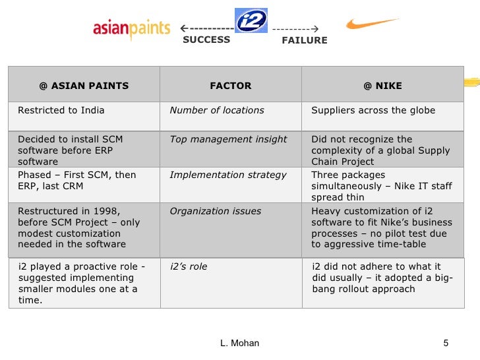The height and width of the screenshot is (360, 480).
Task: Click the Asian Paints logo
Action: [132, 29]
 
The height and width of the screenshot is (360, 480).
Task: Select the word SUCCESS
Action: [206, 40]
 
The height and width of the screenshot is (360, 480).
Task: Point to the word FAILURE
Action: [304, 40]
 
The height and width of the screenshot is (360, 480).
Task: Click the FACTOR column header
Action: [230, 86]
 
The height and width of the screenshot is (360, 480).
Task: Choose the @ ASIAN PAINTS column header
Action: [84, 86]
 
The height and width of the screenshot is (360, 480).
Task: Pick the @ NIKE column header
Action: [382, 86]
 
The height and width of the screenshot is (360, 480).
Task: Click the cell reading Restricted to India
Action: [61, 110]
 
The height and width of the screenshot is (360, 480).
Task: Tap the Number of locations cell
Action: [217, 110]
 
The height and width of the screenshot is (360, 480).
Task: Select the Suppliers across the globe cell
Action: [373, 110]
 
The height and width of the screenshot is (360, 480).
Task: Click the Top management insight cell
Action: [228, 139]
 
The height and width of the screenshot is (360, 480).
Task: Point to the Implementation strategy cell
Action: [228, 175]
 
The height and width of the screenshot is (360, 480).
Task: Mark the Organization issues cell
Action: [216, 211]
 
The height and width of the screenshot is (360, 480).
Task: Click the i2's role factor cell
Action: [189, 266]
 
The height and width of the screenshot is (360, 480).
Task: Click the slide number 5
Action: [446, 343]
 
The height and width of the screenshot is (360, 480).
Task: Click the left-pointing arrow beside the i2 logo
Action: [206, 28]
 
